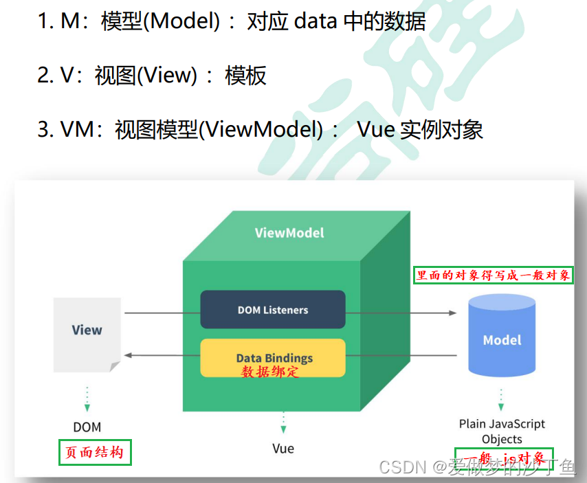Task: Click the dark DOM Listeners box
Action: point(273,310)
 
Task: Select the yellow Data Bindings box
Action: point(273,358)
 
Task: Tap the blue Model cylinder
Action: point(502,339)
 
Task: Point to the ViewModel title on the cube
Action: point(289,232)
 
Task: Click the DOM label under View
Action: point(87,427)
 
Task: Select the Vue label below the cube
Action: point(283,448)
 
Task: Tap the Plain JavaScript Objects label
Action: point(502,431)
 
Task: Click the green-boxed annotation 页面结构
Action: point(95,453)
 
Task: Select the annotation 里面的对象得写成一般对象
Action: point(494,276)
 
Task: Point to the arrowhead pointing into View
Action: point(128,355)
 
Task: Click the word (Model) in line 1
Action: point(185,21)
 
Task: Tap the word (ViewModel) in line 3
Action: point(261,129)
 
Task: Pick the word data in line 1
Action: point(316,21)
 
